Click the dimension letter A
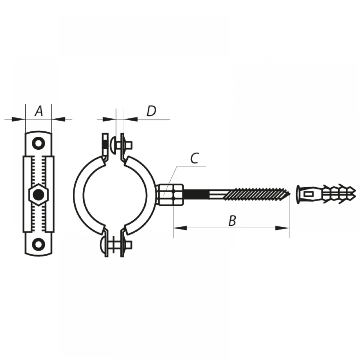pos(39,111)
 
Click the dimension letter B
pos(232,221)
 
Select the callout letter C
pos(194,158)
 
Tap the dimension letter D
pos(152,111)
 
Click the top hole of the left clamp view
pos(39,143)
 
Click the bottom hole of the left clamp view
pos(39,244)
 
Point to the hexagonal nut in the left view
pos(39,195)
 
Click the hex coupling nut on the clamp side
pos(170,195)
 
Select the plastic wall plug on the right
pos(326,194)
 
